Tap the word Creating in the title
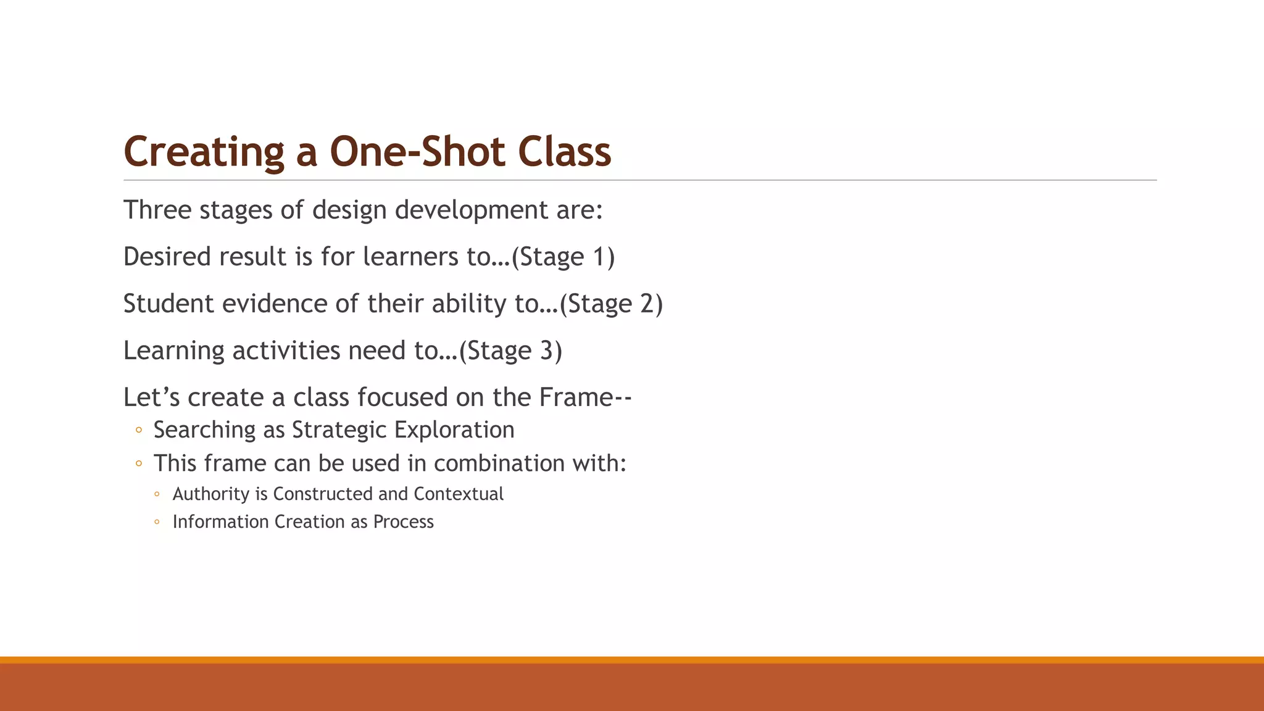coord(204,152)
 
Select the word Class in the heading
coord(564,152)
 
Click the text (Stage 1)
coord(563,257)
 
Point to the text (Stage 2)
coord(611,304)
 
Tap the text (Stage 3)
coord(510,351)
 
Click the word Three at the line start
coord(157,210)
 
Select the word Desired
coord(166,257)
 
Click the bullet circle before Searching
coord(139,430)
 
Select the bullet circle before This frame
coord(139,463)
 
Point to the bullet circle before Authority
coord(157,494)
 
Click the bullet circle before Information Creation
coord(157,522)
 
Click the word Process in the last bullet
coord(403,522)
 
